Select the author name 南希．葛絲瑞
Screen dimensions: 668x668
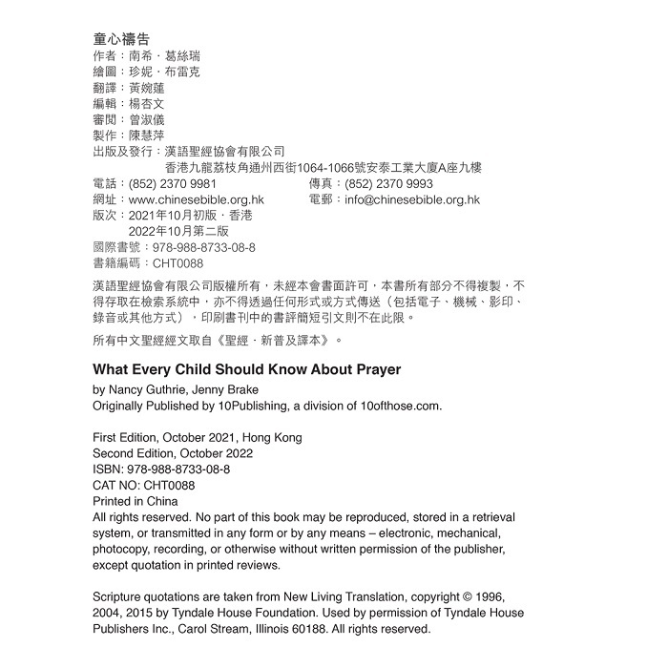pyautogui.click(x=165, y=56)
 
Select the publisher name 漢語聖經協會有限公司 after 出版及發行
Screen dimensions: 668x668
pyautogui.click(x=225, y=152)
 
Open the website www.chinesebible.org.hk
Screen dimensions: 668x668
pyautogui.click(x=196, y=200)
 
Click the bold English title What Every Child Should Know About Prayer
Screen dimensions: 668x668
pyautogui.click(x=247, y=369)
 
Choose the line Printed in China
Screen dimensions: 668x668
pyautogui.click(x=136, y=501)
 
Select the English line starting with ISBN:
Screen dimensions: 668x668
pyautogui.click(x=161, y=470)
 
